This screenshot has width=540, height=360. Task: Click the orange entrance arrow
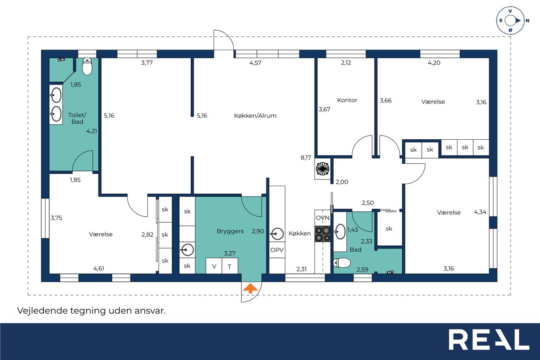click(250, 288)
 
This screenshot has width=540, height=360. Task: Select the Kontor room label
click(347, 100)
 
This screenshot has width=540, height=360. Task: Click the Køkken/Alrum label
click(255, 116)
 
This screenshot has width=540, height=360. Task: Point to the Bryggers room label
click(230, 231)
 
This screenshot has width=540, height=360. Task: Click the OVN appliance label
click(323, 218)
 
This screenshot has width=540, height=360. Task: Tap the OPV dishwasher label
click(277, 250)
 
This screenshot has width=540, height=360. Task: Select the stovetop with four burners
click(323, 234)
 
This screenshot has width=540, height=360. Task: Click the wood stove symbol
click(323, 169)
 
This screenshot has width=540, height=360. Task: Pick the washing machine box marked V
click(214, 266)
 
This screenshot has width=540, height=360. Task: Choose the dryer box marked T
click(230, 266)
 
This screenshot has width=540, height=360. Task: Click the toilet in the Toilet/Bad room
click(87, 67)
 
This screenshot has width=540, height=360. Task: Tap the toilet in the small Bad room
click(342, 263)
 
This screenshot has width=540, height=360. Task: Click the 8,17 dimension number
click(306, 158)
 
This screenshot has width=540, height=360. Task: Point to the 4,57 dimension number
click(255, 63)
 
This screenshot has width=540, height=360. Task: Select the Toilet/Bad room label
click(77, 119)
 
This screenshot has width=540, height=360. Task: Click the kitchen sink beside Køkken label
click(277, 234)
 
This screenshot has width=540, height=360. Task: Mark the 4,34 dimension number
click(480, 212)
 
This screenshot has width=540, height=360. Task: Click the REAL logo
click(489, 339)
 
